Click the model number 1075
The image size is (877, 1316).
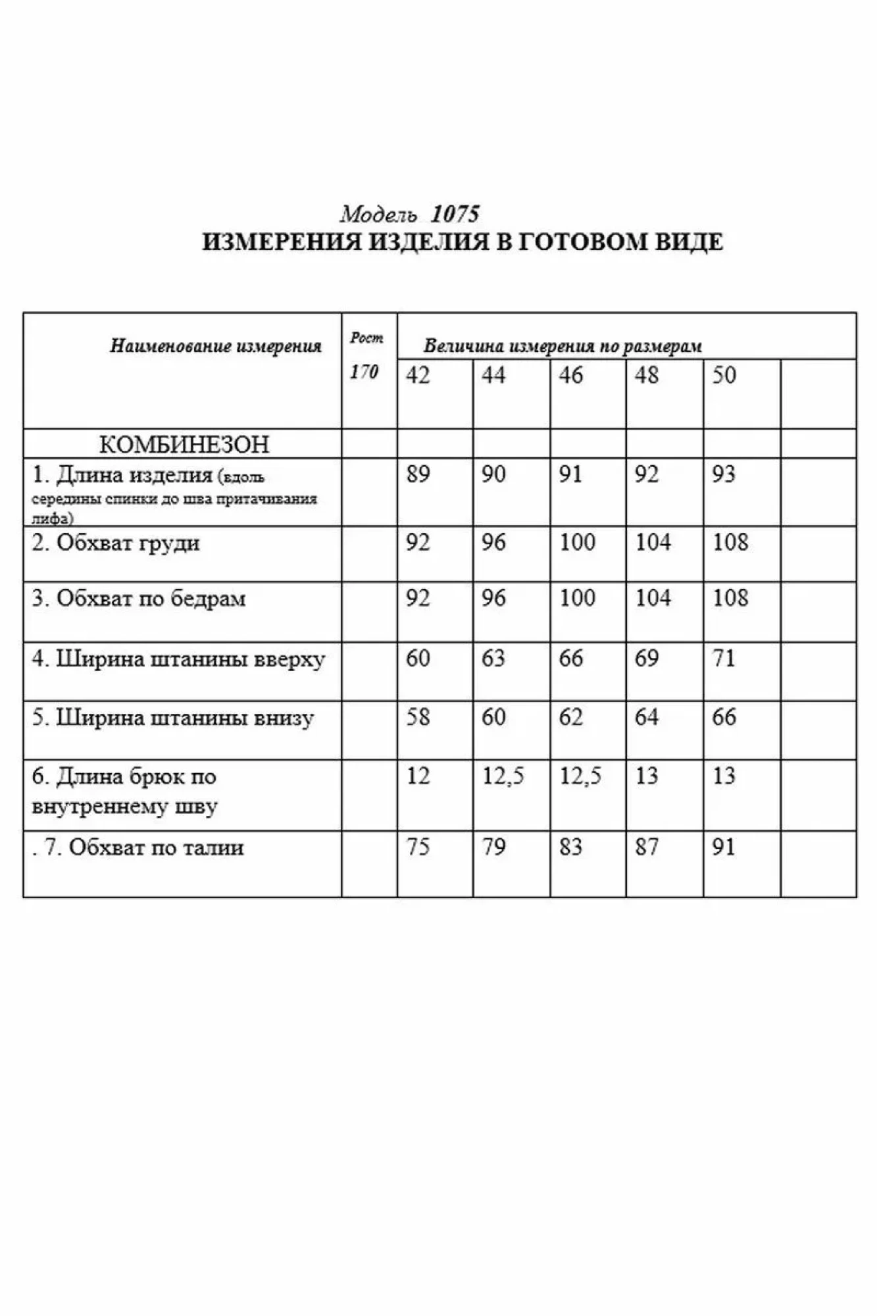click(x=455, y=214)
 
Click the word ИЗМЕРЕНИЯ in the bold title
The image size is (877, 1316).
click(x=282, y=242)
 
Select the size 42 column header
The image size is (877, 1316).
click(x=418, y=376)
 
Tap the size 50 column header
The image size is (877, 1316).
click(x=724, y=376)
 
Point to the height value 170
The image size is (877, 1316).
click(x=364, y=372)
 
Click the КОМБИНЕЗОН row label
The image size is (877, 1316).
click(x=184, y=445)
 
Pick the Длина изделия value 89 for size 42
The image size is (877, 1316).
click(x=418, y=474)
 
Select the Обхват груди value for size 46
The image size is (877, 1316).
click(x=577, y=543)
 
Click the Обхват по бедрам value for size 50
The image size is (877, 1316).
click(x=730, y=598)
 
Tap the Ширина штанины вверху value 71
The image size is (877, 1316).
click(x=724, y=659)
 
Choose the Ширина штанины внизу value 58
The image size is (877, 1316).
click(x=418, y=717)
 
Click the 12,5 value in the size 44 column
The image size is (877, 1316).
click(x=503, y=777)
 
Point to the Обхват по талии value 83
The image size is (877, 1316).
click(x=570, y=847)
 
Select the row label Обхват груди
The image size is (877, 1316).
click(x=128, y=544)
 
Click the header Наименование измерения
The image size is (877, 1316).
click(x=215, y=346)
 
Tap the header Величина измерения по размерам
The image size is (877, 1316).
click(x=563, y=346)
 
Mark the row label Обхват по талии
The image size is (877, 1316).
click(x=156, y=848)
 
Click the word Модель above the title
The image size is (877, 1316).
click(x=378, y=215)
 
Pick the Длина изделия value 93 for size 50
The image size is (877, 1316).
click(x=724, y=474)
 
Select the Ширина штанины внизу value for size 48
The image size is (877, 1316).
click(x=647, y=717)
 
